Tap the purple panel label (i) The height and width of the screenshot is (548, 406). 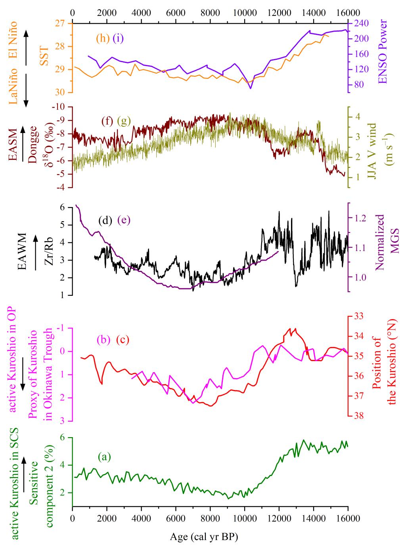point(118,38)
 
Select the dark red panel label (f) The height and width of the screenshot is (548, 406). point(107,122)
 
